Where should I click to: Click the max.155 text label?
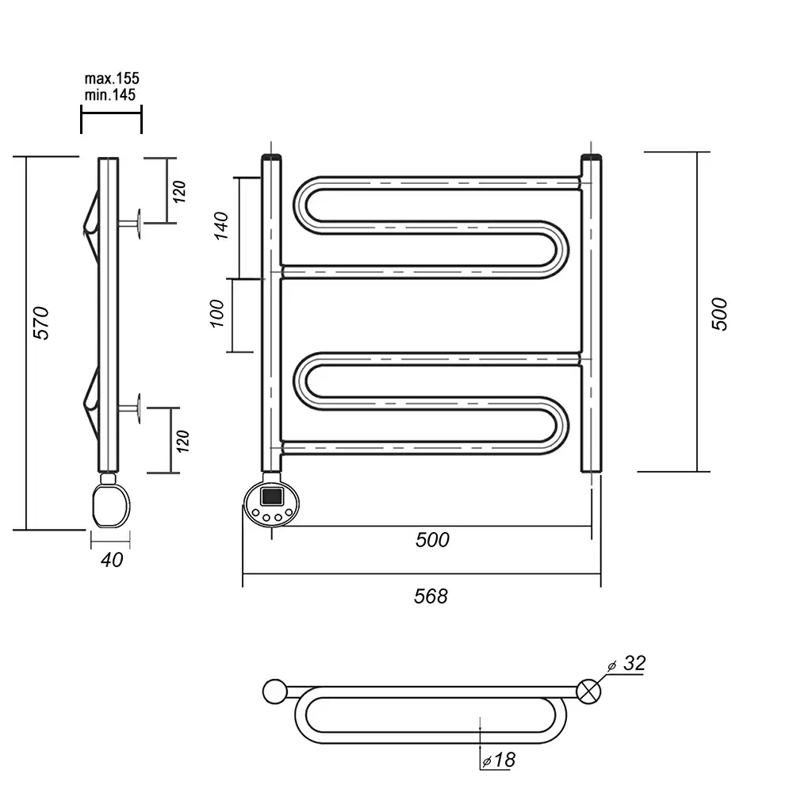click(111, 79)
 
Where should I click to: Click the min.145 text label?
click(109, 94)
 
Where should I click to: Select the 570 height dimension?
click(41, 323)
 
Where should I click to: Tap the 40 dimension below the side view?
click(112, 560)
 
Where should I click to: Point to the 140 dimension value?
click(221, 225)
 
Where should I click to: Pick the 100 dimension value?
click(216, 313)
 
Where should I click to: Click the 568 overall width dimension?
click(431, 596)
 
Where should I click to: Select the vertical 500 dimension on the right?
click(719, 314)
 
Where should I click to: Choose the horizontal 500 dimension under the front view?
click(432, 539)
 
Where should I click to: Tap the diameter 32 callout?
click(627, 664)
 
